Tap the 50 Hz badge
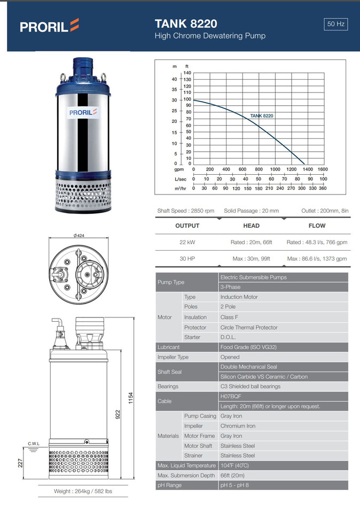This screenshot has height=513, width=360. (336, 24)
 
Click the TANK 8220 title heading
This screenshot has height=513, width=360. (185, 24)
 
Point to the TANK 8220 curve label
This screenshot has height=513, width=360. (262, 115)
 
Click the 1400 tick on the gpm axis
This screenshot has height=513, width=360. (307, 169)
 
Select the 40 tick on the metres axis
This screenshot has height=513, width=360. (174, 79)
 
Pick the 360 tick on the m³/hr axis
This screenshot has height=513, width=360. (323, 188)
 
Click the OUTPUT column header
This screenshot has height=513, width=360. (187, 226)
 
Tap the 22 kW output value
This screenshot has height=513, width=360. (187, 242)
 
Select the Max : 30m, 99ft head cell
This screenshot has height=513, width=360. (251, 259)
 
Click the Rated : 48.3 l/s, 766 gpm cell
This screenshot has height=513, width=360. (317, 242)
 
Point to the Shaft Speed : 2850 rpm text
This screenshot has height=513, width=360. (186, 211)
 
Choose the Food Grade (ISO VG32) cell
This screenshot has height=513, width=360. (248, 347)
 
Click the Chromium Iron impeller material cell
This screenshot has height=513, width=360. (238, 426)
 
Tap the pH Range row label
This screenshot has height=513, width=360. (169, 485)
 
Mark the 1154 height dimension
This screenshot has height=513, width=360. (130, 398)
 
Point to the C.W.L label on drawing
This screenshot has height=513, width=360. (34, 444)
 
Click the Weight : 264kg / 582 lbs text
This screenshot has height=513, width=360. (83, 491)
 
